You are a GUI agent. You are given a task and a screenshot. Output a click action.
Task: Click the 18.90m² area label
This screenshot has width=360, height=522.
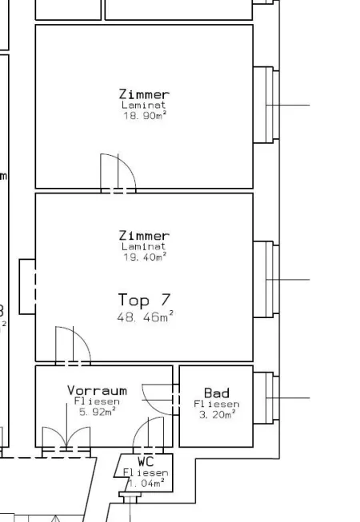coord(145,116)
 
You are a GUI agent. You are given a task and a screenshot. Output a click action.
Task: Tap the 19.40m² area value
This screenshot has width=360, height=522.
coord(145,257)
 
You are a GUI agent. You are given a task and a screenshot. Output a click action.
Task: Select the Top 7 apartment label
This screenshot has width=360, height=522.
coord(145,300)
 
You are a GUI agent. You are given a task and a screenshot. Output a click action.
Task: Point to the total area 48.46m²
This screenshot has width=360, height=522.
coord(145,317)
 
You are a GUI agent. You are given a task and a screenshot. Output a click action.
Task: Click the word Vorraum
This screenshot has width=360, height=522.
coord(97,390)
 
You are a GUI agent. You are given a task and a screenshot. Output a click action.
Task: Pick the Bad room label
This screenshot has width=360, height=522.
coord(217,392)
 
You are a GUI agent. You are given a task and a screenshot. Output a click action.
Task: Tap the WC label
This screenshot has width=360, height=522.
coord(146,462)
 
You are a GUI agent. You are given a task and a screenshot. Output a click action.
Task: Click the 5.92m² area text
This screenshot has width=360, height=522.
coord(98,412)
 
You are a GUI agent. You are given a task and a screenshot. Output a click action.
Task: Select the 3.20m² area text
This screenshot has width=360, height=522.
coord(217,414)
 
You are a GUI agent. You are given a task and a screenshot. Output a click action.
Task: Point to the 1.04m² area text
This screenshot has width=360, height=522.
coord(146,483)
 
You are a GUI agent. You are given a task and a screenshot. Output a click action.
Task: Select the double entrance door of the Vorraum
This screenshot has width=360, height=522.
coord(66,440)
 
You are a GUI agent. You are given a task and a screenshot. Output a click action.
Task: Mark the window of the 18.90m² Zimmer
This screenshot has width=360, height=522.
coord(266,105)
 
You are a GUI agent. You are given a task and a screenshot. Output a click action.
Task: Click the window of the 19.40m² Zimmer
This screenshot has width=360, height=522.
coord(266,279)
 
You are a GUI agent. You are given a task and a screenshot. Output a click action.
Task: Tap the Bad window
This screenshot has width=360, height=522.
coord(266,398)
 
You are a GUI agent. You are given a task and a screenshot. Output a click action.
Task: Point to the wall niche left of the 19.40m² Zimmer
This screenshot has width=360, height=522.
coord(27,287)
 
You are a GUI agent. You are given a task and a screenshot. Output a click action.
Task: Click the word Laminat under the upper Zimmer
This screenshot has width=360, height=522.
coord(144,105)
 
